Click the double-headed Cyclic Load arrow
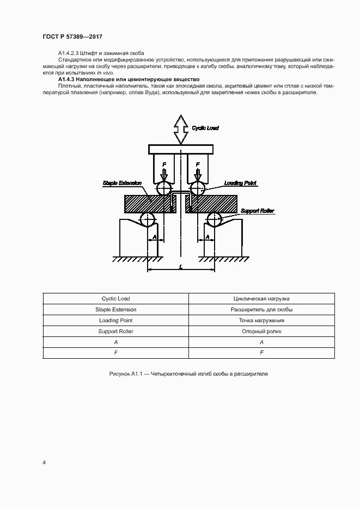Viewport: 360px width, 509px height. point(180,129)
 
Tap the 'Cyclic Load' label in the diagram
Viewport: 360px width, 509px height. point(205,128)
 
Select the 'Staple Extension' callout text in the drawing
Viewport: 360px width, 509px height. point(122,183)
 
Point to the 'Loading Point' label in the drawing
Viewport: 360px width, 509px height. point(240,183)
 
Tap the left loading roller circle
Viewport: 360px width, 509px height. point(163,189)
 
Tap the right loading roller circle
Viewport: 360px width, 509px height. point(198,189)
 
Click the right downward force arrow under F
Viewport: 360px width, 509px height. point(198,175)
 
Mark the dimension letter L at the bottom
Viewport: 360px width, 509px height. point(180,266)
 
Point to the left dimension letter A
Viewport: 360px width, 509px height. point(154,237)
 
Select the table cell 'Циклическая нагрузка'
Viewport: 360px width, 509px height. point(261,298)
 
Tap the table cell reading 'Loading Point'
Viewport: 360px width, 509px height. point(115,320)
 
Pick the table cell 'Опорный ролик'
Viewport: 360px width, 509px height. point(261,331)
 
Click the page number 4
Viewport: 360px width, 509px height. point(44,463)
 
